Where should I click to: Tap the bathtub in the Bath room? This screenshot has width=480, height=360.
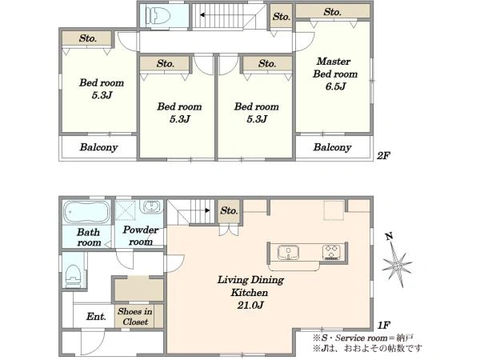click(87, 212)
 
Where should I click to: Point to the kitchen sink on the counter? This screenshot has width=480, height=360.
click(288, 252)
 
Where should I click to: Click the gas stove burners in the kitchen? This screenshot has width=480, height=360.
click(331, 252)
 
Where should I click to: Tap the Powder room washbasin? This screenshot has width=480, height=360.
click(150, 206)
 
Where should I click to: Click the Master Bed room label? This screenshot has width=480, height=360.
click(334, 68)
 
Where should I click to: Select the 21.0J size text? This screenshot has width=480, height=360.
click(250, 306)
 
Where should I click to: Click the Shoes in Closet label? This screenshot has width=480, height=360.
click(135, 317)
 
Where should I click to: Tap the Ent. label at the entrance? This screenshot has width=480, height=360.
click(96, 316)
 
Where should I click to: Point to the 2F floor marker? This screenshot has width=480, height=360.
click(383, 156)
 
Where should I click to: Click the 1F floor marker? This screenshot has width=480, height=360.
click(383, 325)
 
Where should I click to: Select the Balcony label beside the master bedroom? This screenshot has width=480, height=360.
click(332, 147)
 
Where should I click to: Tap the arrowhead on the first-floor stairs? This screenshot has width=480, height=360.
click(207, 210)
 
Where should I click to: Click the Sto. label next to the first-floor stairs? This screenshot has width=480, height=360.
click(229, 210)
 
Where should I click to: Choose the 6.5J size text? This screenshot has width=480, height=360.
click(335, 86)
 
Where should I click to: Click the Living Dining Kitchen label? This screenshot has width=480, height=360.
click(250, 286)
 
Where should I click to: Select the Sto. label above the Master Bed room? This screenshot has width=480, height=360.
click(333, 12)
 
